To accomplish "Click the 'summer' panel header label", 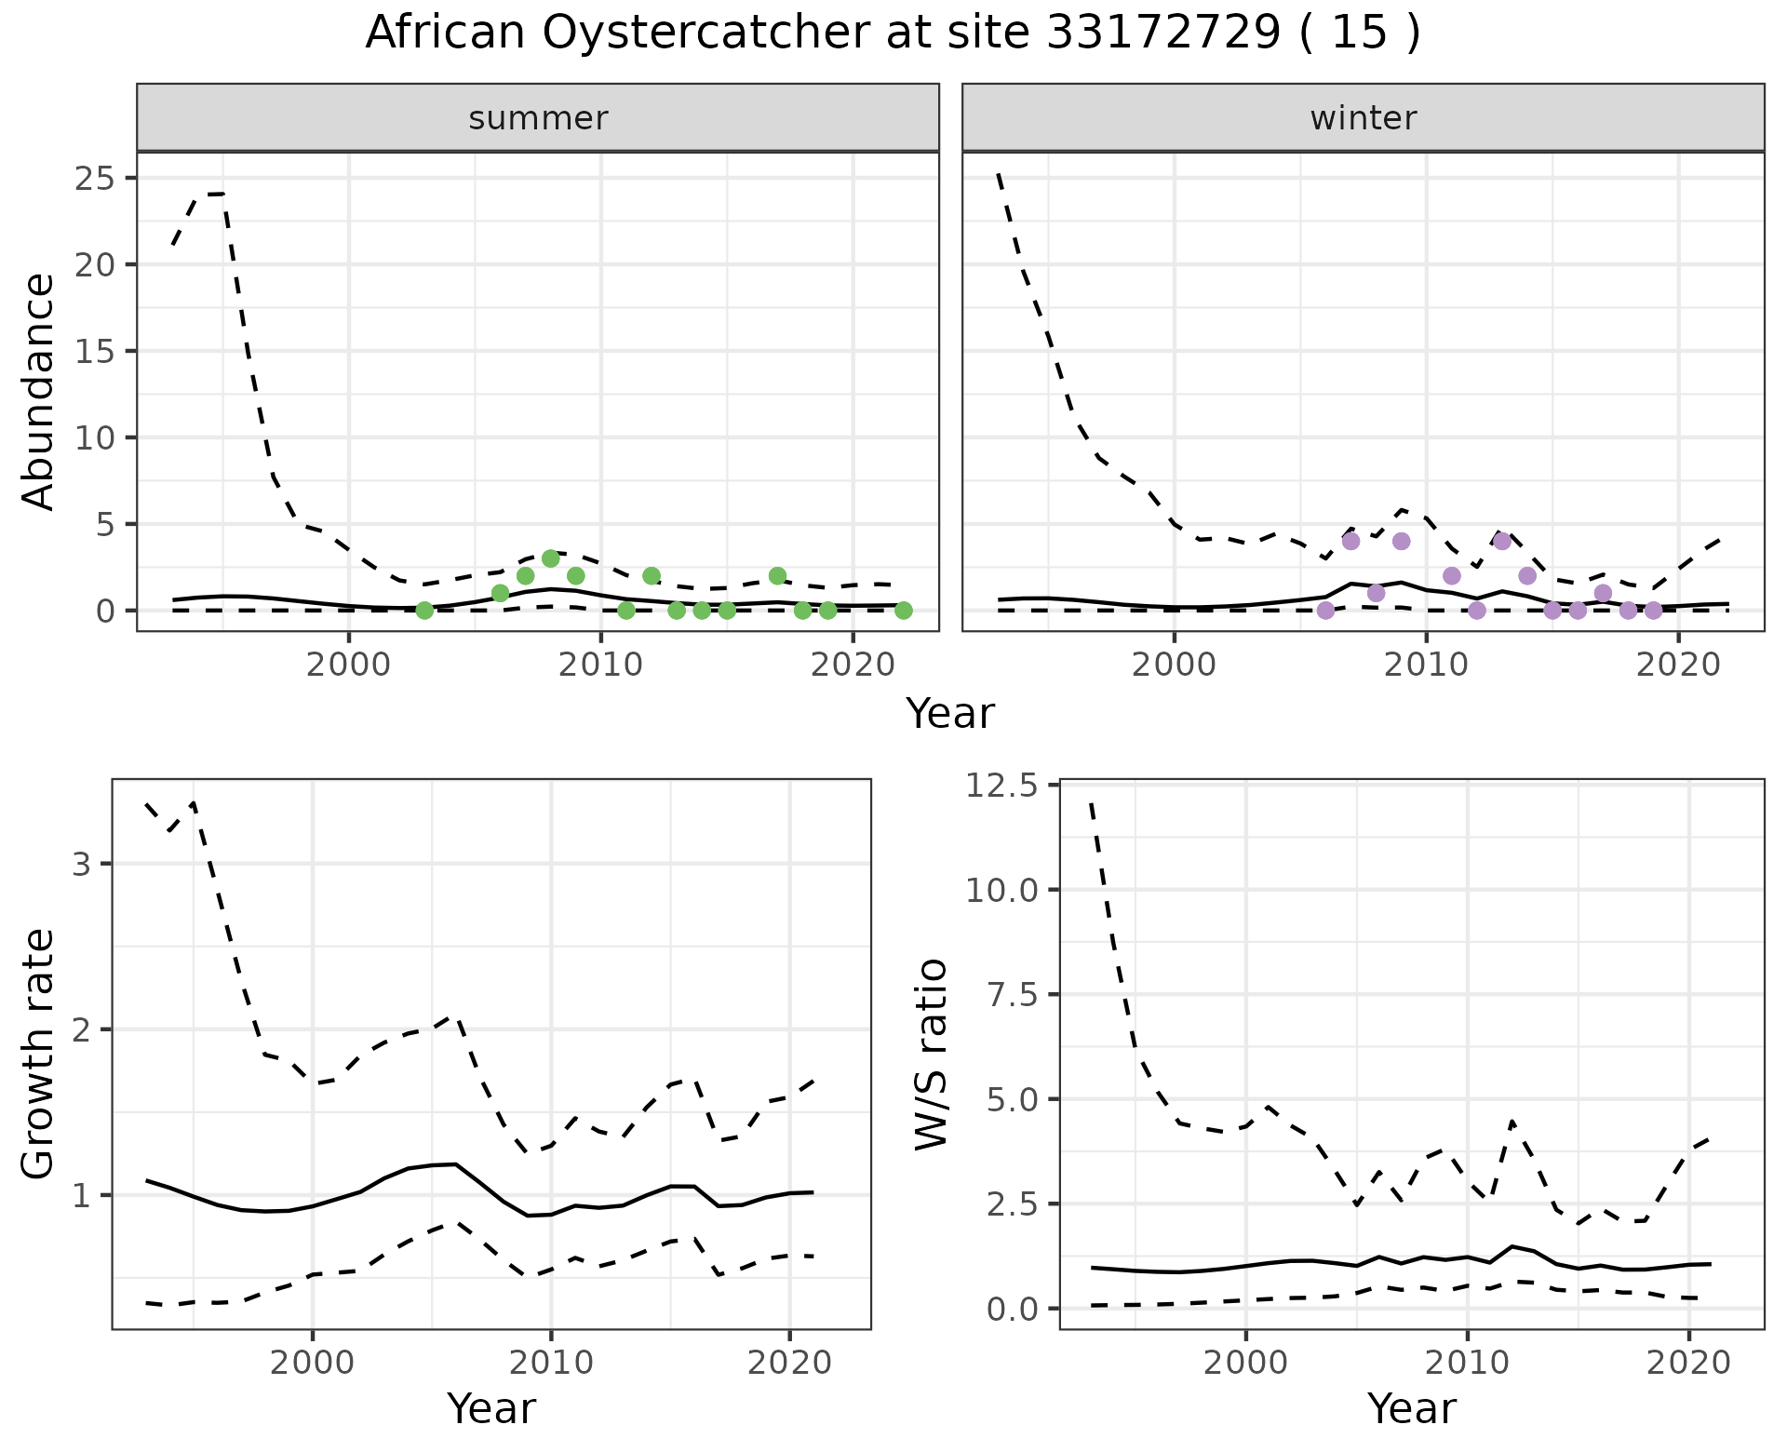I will tap(538, 118).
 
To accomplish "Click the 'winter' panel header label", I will tap(1363, 118).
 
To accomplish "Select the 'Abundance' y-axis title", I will tap(39, 391).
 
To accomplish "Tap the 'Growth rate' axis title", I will tap(39, 1054).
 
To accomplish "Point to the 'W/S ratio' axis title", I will tap(931, 1054).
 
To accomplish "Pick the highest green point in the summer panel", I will tap(550, 558).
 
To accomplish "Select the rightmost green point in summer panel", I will tap(903, 611).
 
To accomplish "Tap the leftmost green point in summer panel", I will tap(424, 611).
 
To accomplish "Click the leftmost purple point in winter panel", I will tap(1325, 611).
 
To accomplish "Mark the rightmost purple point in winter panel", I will tap(1653, 611).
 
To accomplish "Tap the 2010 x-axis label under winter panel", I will tap(1426, 666).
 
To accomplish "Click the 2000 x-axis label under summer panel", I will tap(349, 666).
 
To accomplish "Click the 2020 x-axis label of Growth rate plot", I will tap(789, 1364).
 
